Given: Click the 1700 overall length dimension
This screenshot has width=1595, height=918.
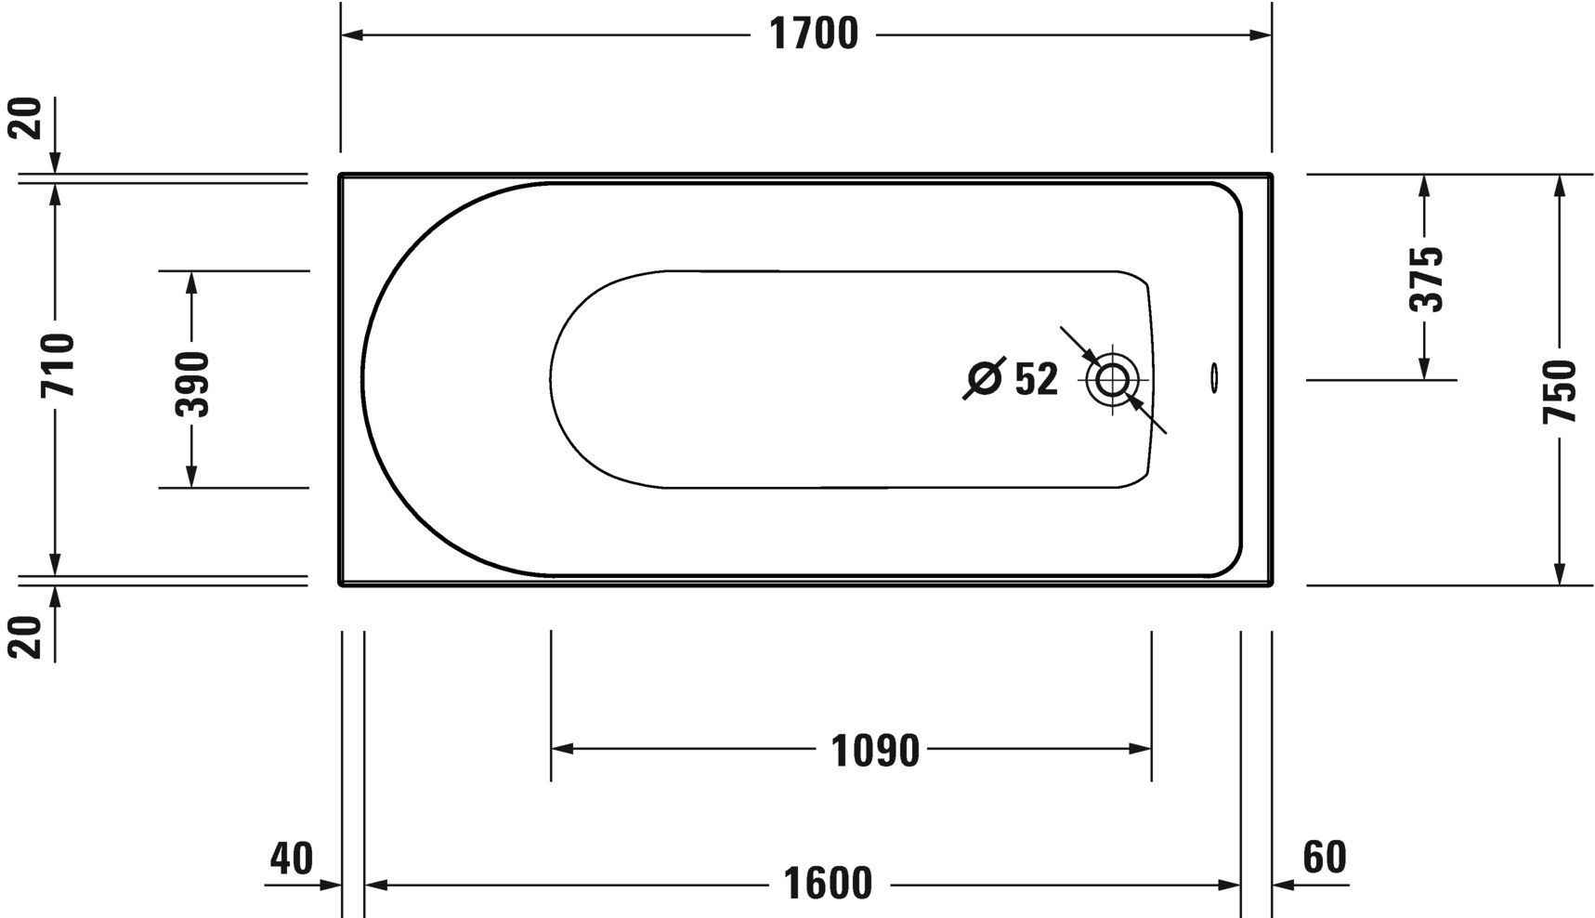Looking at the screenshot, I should point(814,35).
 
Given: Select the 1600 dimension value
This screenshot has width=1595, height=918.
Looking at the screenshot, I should point(828,884).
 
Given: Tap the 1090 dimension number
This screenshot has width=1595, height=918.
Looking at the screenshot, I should point(875,750).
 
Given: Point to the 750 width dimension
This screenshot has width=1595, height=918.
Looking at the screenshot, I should point(1560,391).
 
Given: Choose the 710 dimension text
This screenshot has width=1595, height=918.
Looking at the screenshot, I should point(57,364).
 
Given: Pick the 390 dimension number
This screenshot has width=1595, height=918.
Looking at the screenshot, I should point(192,384).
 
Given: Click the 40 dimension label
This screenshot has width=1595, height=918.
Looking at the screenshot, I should point(292,858).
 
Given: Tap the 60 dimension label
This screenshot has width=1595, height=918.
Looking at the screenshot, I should point(1324,858).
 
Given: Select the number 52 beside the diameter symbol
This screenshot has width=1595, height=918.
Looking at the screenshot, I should point(1036,379).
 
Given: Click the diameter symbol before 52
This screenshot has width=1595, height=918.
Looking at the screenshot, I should point(985,378).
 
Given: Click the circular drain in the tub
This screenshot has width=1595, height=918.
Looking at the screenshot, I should point(1112,380).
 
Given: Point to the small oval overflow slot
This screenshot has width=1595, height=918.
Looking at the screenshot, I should point(1213,376).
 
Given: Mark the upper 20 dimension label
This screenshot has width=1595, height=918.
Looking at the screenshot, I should point(29,118).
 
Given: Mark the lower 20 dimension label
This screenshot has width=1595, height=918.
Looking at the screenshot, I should point(29,636).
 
